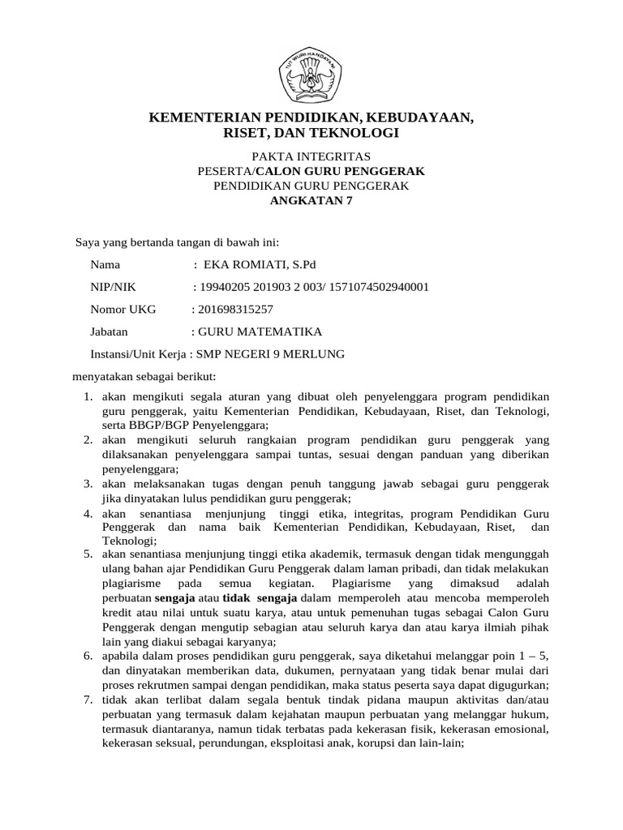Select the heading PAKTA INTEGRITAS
(311, 156)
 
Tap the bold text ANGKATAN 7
(311, 202)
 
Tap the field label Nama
(105, 264)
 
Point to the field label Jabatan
(109, 332)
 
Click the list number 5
(88, 554)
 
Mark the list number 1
(88, 397)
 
